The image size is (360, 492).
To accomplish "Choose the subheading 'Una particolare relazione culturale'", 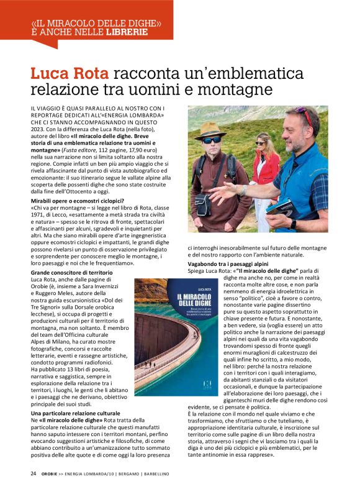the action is click(x=75, y=413).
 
